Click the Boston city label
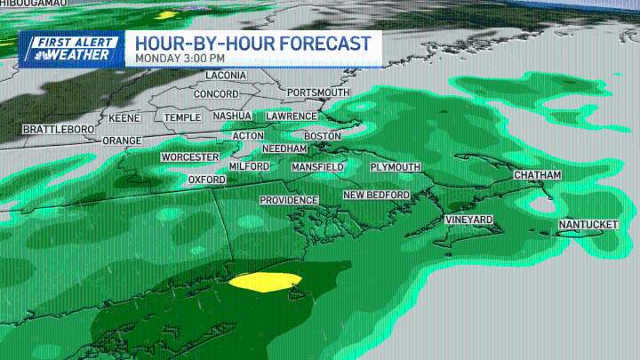(323, 135)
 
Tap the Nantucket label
(588, 225)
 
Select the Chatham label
(537, 175)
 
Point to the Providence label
(289, 200)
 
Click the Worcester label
(189, 157)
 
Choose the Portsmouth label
(318, 92)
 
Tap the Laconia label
(226, 76)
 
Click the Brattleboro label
(58, 130)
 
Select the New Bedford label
(376, 195)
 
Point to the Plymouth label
(395, 167)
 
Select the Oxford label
(207, 180)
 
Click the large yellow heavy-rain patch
(265, 282)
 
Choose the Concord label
(216, 94)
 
